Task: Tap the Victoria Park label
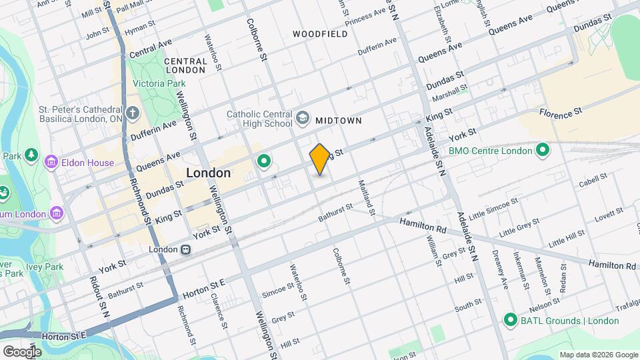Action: (x=159, y=84)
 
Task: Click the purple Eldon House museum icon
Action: (x=51, y=161)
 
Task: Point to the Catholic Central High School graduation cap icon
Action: (x=303, y=118)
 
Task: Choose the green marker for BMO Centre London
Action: (x=542, y=151)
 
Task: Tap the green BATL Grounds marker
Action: (x=511, y=320)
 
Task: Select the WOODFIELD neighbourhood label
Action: (x=319, y=33)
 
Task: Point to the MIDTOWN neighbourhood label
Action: (x=339, y=121)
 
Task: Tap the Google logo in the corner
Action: (x=22, y=351)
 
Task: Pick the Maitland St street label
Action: (x=367, y=198)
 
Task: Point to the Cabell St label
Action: (x=593, y=180)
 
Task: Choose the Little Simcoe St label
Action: (x=493, y=209)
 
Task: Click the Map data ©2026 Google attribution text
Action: (x=598, y=355)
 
